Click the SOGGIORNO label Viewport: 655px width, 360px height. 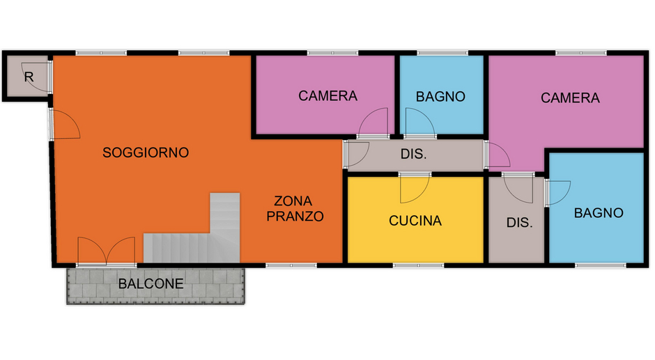click(x=146, y=152)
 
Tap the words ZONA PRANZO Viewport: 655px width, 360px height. click(x=295, y=209)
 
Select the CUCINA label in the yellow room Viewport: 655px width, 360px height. click(x=415, y=221)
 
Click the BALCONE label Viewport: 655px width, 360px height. click(x=151, y=284)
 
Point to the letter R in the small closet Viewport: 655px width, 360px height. click(x=29, y=77)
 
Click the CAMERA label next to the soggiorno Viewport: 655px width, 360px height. click(x=328, y=96)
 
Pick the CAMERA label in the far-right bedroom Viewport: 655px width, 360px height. click(x=570, y=98)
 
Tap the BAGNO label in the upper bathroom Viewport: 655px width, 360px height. click(x=440, y=97)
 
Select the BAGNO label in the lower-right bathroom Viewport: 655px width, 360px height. click(x=599, y=213)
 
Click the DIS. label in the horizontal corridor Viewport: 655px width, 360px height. click(x=413, y=154)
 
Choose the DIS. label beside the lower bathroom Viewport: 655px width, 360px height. click(x=520, y=223)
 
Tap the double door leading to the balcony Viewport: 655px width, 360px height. click(x=107, y=251)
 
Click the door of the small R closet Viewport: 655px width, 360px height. click(x=38, y=77)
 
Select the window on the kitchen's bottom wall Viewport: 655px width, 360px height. click(x=418, y=265)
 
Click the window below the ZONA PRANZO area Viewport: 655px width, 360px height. click(x=291, y=265)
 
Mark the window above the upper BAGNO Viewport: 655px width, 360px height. click(x=442, y=53)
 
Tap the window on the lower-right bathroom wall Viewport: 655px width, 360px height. click(x=600, y=265)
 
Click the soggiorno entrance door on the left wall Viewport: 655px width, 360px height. click(x=63, y=125)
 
